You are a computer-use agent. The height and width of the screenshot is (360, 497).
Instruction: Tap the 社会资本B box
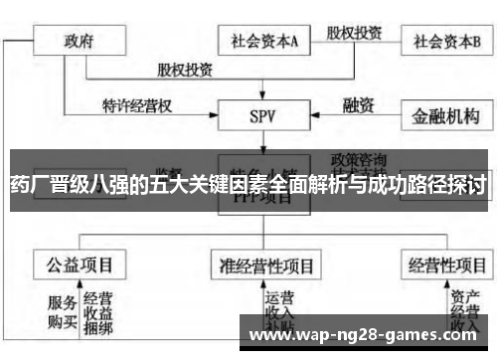click(448, 41)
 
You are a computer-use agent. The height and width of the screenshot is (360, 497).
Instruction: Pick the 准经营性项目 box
click(265, 266)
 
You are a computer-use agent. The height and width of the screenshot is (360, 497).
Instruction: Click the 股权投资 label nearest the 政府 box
click(184, 70)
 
